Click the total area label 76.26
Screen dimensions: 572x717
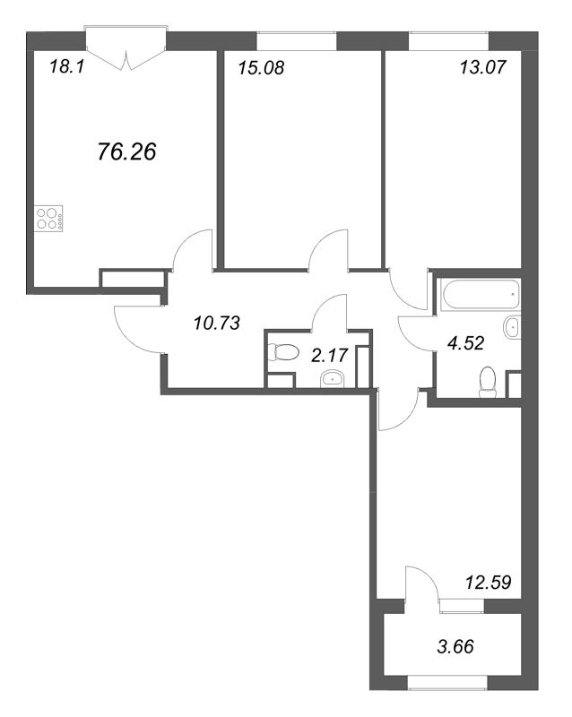tap(126, 151)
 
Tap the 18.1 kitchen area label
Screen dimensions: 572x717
tap(67, 68)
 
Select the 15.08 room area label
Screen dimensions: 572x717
tap(261, 68)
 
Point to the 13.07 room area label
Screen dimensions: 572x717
tap(482, 67)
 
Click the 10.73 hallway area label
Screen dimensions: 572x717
tap(216, 324)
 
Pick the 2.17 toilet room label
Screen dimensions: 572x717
tap(329, 355)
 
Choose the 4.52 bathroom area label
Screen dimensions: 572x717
tap(465, 342)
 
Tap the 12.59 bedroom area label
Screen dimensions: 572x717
tap(488, 583)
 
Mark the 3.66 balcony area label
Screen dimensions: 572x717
tap(455, 646)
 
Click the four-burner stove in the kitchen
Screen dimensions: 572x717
tap(48, 218)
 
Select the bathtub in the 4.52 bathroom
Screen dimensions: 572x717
tap(480, 294)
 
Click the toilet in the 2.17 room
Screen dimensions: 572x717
tap(282, 352)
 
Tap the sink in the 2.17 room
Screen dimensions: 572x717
tap(333, 379)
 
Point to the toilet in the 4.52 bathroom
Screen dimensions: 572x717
tap(488, 382)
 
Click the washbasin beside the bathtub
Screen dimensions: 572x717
tap(513, 327)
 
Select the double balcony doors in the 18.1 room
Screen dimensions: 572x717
tap(126, 49)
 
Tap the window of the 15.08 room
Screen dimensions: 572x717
tap(297, 40)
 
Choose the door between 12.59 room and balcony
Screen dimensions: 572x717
tap(421, 583)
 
